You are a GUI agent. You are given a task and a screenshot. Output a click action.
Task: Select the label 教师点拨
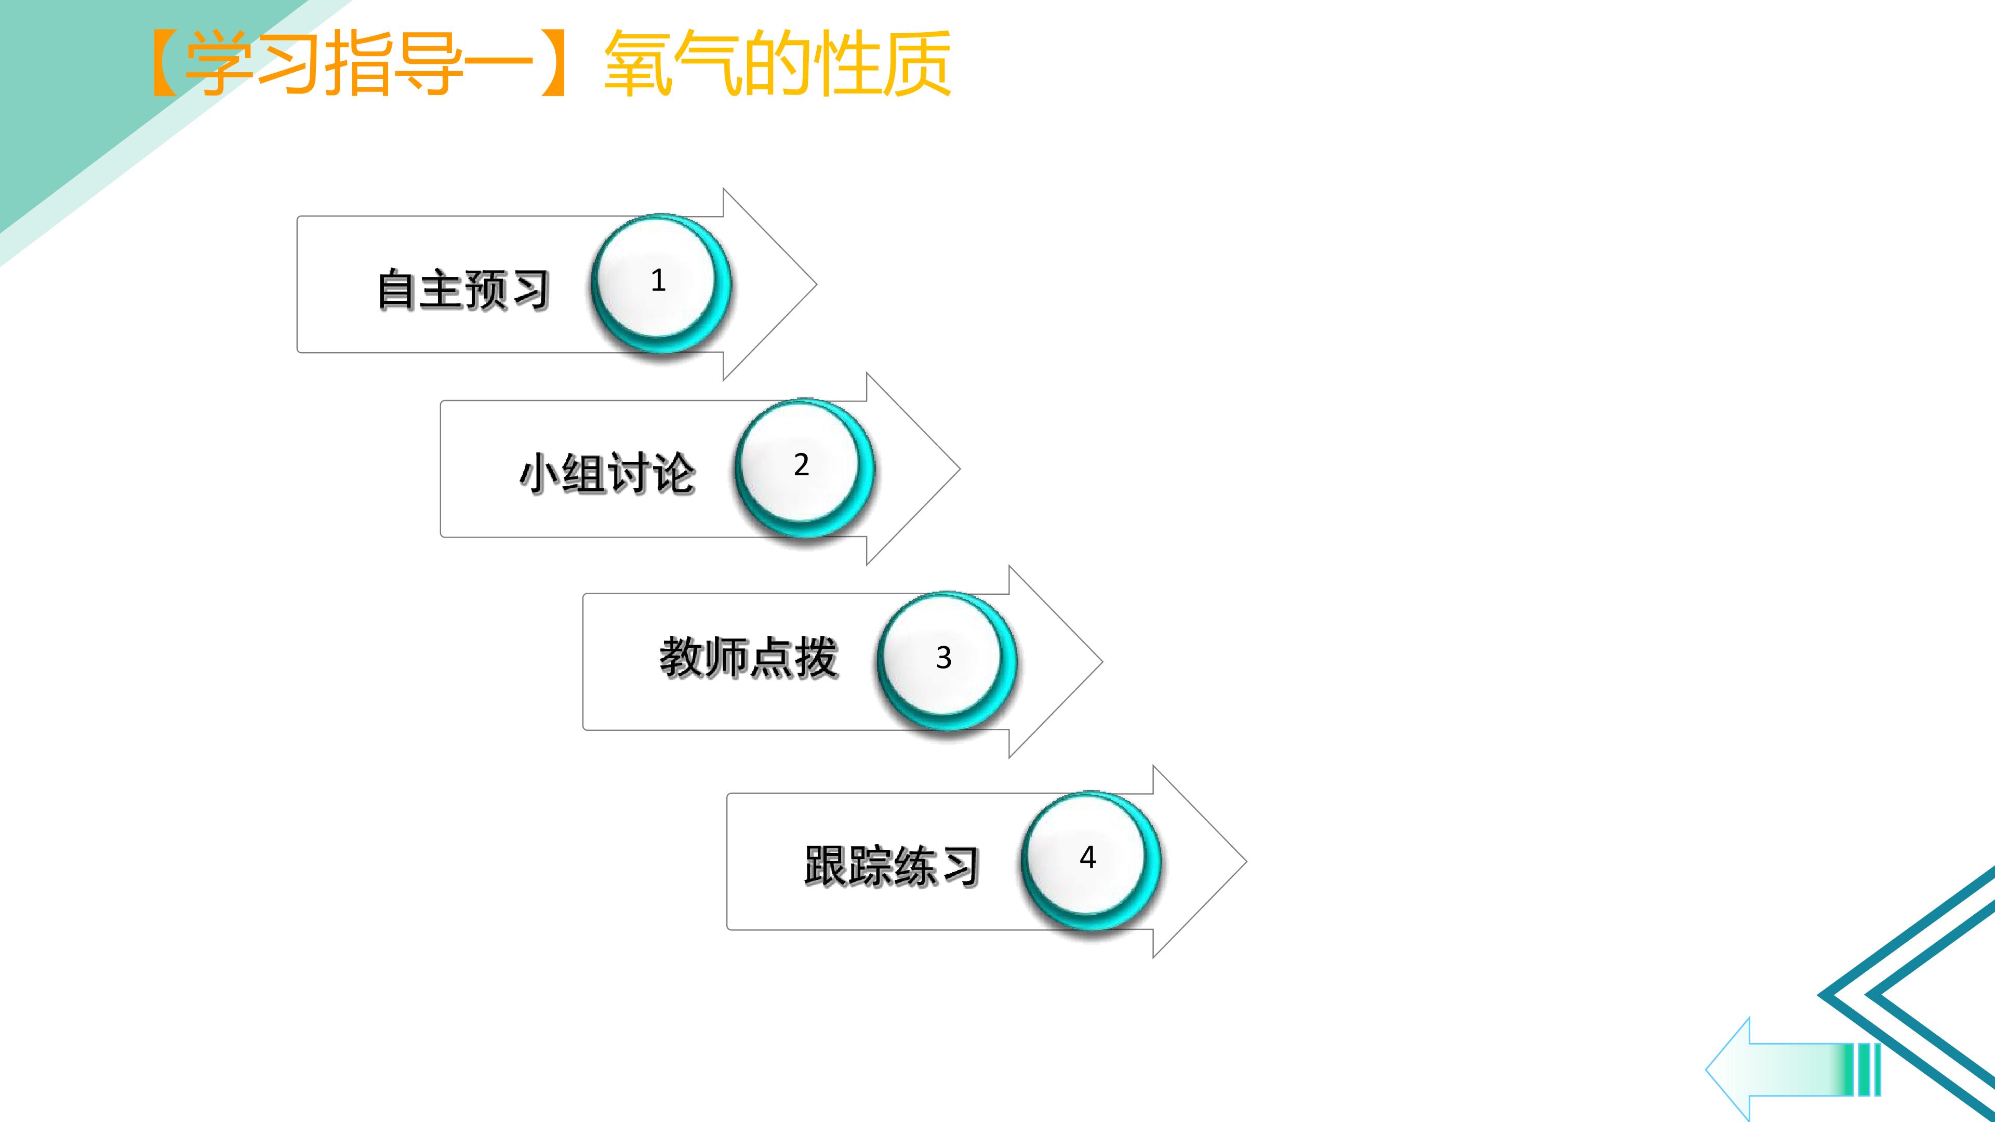(x=748, y=658)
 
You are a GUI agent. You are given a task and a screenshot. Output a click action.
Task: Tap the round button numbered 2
(x=804, y=468)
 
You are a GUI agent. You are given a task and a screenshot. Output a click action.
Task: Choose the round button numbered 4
(x=1090, y=860)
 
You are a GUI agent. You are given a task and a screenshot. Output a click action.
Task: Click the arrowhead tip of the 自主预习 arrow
(x=816, y=284)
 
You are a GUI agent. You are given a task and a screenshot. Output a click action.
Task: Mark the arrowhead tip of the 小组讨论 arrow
(x=960, y=469)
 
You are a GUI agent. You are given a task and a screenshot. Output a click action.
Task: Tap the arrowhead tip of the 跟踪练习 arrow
(x=1246, y=861)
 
